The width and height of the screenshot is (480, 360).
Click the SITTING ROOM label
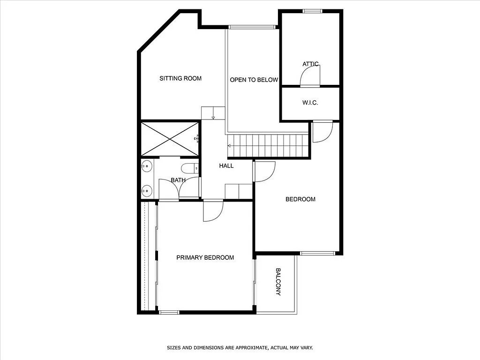click(x=180, y=78)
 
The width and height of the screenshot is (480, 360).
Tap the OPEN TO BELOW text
click(x=254, y=80)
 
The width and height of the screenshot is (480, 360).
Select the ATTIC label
click(x=310, y=64)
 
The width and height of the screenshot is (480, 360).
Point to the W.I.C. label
click(x=310, y=103)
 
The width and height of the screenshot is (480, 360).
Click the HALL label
click(x=226, y=166)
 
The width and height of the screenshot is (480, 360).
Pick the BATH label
click(x=178, y=180)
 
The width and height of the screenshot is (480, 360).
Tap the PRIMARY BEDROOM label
click(x=205, y=258)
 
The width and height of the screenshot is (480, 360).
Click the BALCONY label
click(x=278, y=282)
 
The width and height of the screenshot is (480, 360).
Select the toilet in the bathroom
click(x=190, y=168)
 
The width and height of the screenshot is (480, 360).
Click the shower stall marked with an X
click(x=170, y=139)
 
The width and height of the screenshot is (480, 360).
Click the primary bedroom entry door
click(x=213, y=210)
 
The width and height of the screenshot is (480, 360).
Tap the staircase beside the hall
click(x=268, y=146)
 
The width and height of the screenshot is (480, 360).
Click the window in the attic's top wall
click(x=313, y=11)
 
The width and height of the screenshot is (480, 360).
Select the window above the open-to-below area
click(x=252, y=27)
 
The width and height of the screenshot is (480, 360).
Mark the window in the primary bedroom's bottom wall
click(x=169, y=312)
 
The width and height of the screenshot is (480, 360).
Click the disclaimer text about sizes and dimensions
click(x=240, y=348)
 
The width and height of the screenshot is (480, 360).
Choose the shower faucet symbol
click(x=197, y=139)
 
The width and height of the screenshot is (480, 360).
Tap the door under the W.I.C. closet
click(x=322, y=132)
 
